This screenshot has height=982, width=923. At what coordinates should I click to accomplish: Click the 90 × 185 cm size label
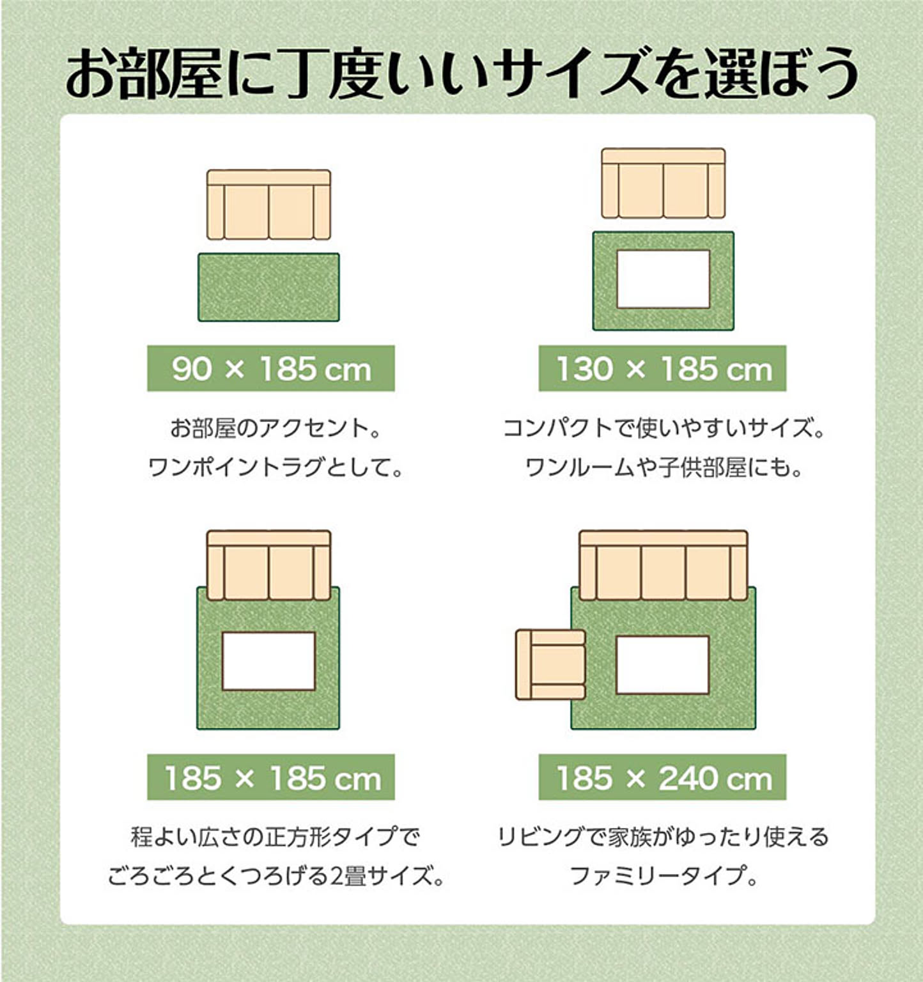click(x=271, y=368)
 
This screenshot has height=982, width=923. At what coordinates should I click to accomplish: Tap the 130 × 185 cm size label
click(x=662, y=368)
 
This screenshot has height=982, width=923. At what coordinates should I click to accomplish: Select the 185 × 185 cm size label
click(x=271, y=777)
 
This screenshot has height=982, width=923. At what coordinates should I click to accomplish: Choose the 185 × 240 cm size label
click(x=662, y=777)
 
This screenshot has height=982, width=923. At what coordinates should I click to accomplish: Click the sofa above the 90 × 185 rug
click(x=268, y=205)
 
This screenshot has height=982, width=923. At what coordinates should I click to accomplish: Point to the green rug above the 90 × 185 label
click(x=268, y=287)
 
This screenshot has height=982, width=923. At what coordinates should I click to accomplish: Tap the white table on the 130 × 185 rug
click(x=663, y=279)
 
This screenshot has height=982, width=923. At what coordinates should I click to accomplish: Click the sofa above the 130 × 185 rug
click(x=663, y=183)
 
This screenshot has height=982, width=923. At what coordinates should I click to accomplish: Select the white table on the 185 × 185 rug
click(x=268, y=661)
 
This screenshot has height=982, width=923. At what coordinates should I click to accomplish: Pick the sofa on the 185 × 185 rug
click(x=268, y=565)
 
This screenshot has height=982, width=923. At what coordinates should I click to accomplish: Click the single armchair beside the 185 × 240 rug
click(x=550, y=664)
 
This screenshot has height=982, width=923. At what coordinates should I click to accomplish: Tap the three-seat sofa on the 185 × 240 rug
click(x=663, y=565)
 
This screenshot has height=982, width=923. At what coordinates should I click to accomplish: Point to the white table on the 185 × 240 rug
click(x=663, y=665)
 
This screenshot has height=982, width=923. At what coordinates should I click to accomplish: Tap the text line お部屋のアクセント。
click(x=275, y=428)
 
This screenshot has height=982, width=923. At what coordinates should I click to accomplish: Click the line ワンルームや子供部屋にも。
click(x=663, y=467)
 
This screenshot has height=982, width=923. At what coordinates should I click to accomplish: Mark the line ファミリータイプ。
click(x=663, y=875)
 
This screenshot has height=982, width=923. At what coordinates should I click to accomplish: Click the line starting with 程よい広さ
click(x=275, y=836)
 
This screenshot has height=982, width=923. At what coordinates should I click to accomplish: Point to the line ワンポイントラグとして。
click(x=275, y=467)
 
